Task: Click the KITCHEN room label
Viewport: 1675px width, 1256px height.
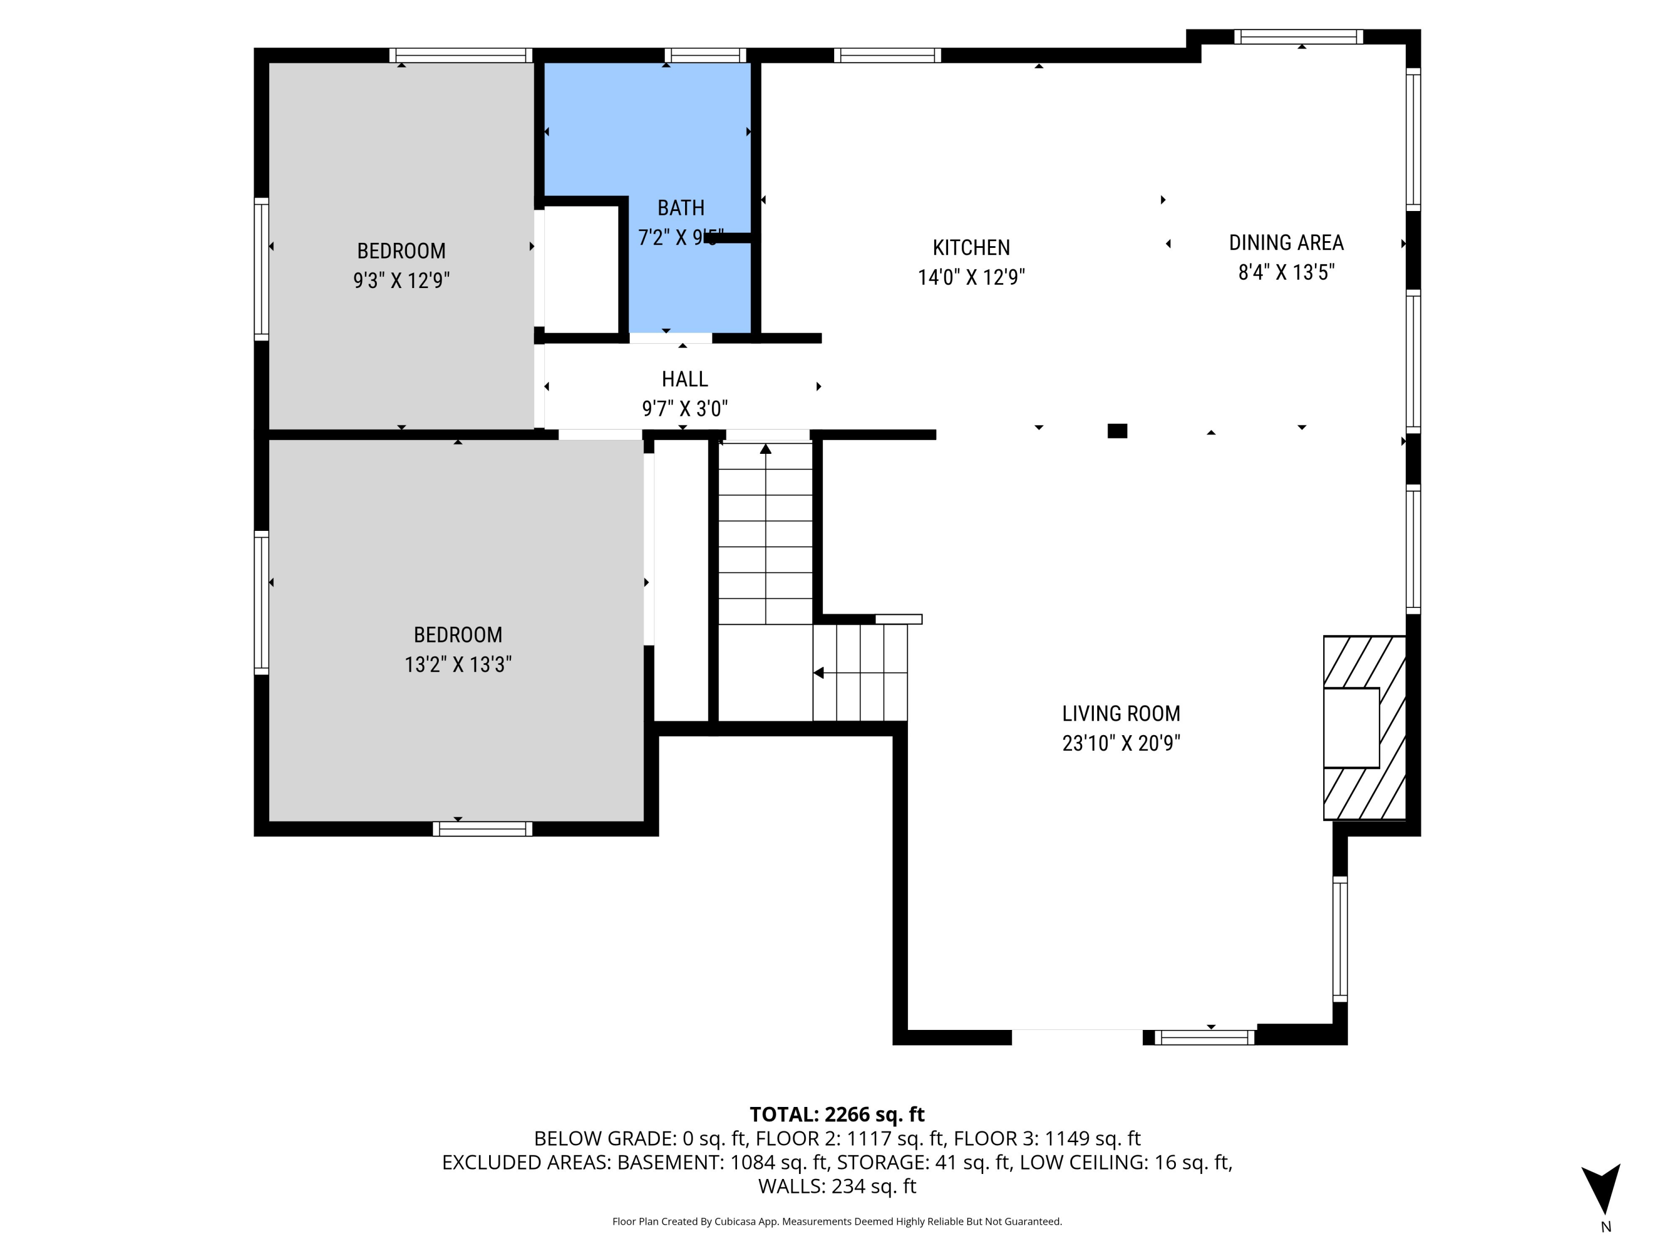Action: point(971,247)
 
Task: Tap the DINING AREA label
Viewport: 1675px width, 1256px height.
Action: point(1286,243)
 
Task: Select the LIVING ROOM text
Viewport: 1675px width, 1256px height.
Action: point(1121,713)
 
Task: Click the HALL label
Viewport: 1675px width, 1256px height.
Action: point(685,378)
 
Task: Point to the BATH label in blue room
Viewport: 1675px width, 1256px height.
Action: point(681,208)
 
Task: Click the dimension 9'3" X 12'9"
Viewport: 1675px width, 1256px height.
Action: point(401,281)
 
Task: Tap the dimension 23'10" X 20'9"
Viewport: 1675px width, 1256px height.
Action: point(1121,744)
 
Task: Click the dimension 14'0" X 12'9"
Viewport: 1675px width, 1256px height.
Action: point(971,277)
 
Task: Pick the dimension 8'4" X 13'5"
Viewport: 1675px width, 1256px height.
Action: point(1286,272)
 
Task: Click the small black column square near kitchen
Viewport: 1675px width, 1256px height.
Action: point(1117,431)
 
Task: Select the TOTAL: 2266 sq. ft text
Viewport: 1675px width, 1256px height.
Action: point(837,1114)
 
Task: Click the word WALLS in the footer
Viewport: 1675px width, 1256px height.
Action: point(791,1186)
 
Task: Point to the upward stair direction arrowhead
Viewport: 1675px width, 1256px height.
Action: point(765,449)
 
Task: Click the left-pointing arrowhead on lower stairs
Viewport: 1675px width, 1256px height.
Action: point(818,672)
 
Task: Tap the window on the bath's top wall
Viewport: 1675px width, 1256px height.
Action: point(705,55)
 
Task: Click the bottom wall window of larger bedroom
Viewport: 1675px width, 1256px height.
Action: point(482,829)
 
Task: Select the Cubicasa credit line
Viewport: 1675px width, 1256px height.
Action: point(837,1221)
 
